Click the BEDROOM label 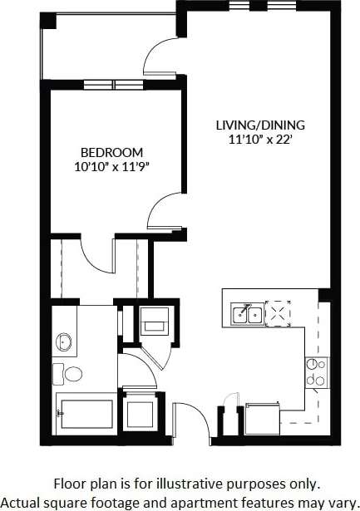[111, 153]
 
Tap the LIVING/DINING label [260, 125]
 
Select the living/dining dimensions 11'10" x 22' [260, 140]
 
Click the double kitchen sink [246, 313]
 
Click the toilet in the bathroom [72, 373]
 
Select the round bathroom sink [64, 341]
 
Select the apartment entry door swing [186, 420]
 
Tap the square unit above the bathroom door [155, 320]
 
